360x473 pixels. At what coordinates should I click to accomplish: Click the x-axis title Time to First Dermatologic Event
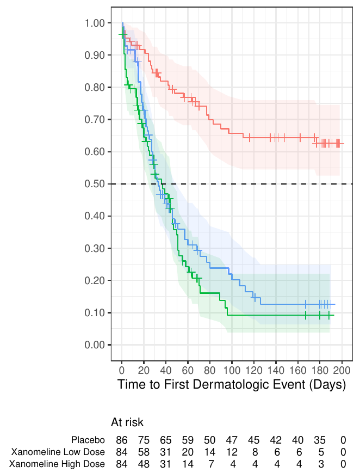click(232, 385)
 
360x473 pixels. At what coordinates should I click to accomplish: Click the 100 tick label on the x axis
click(232, 371)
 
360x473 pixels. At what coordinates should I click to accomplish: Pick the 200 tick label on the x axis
click(342, 371)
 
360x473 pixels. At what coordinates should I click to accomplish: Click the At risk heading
click(127, 422)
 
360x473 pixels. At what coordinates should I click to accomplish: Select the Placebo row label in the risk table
click(88, 439)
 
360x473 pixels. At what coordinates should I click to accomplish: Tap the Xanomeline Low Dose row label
click(57, 452)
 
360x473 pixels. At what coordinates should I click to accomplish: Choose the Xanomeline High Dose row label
click(57, 464)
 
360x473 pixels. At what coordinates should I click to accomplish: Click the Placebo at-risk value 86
click(122, 439)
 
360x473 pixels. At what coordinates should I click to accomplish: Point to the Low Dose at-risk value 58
click(144, 452)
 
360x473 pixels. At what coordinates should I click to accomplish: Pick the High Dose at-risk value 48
click(144, 464)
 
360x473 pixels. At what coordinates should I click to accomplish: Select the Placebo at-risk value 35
click(320, 439)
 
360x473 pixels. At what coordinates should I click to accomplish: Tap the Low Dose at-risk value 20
click(188, 452)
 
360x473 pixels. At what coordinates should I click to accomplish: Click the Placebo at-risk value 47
click(232, 439)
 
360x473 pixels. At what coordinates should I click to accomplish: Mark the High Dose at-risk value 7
click(210, 464)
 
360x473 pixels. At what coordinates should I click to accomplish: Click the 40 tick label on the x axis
click(166, 371)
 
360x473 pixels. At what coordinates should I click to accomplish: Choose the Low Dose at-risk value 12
click(232, 452)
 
